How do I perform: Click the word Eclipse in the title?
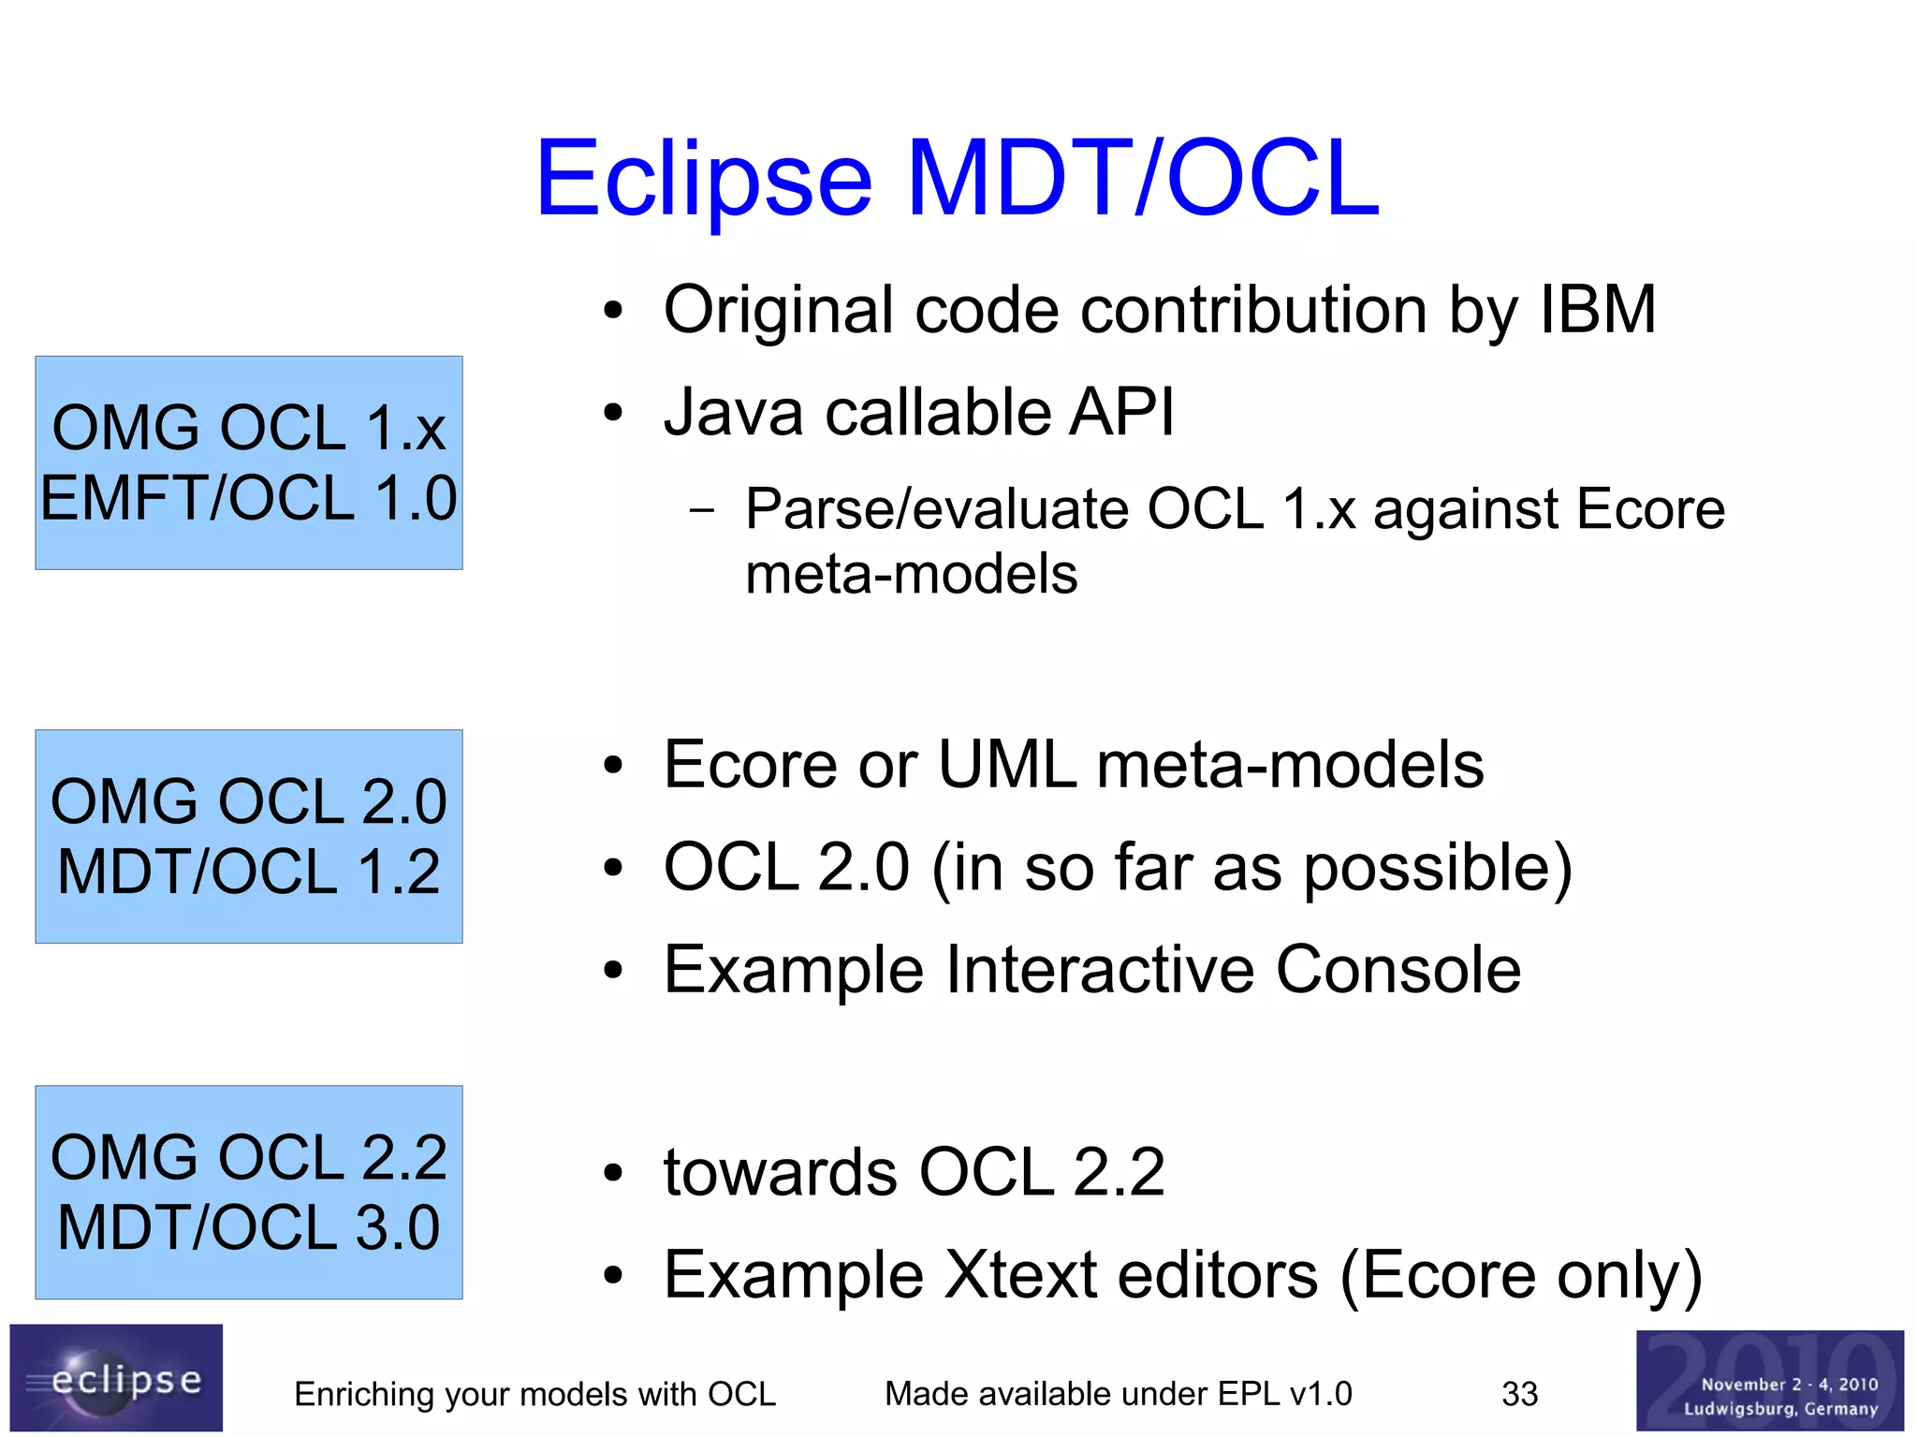point(704,178)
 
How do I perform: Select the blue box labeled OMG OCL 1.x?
point(249,462)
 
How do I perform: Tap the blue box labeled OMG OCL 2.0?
point(249,836)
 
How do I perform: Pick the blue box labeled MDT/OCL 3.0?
point(249,1192)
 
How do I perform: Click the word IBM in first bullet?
point(1598,310)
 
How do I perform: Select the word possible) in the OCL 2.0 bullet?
point(1438,869)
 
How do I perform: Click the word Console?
point(1398,970)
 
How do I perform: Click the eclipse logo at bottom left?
point(116,1377)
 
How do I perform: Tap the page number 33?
point(1519,1394)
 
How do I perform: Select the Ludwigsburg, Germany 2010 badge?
point(1769,1380)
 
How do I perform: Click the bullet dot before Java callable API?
point(613,413)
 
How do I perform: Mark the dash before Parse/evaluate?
point(701,511)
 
